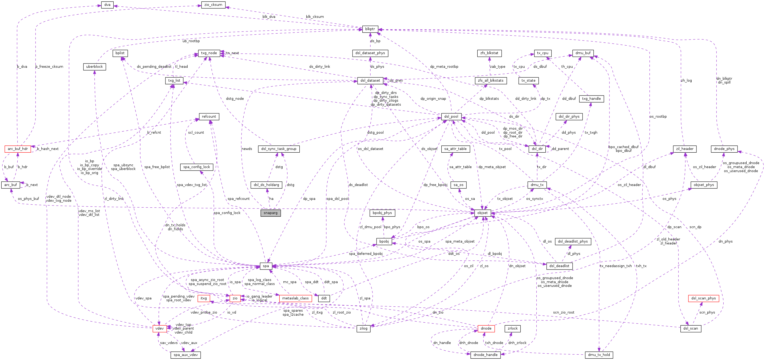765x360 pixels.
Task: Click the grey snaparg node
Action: tap(270, 213)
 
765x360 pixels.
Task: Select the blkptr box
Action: tap(370, 29)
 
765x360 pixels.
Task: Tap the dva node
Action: tap(107, 5)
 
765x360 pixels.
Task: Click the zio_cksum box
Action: tap(213, 5)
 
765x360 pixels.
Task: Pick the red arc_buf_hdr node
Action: tap(18, 149)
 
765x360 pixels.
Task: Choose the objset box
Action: tap(482, 213)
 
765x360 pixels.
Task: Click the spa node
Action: tap(266, 266)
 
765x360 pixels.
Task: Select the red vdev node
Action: tap(160, 328)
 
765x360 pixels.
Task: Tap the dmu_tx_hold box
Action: tap(599, 355)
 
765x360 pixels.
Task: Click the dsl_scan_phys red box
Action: tap(703, 298)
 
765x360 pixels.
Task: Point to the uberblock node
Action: tap(94, 66)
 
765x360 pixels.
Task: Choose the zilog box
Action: tap(363, 328)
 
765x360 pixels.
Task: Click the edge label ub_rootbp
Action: tap(191, 41)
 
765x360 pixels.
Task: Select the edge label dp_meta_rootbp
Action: tap(444, 66)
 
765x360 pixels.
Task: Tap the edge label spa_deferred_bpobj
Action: tap(366, 254)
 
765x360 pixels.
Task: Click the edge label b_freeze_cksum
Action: tap(49, 66)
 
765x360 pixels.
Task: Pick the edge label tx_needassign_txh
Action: tap(616, 266)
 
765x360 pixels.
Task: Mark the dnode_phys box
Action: tap(724, 149)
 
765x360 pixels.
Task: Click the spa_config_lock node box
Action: tap(197, 167)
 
